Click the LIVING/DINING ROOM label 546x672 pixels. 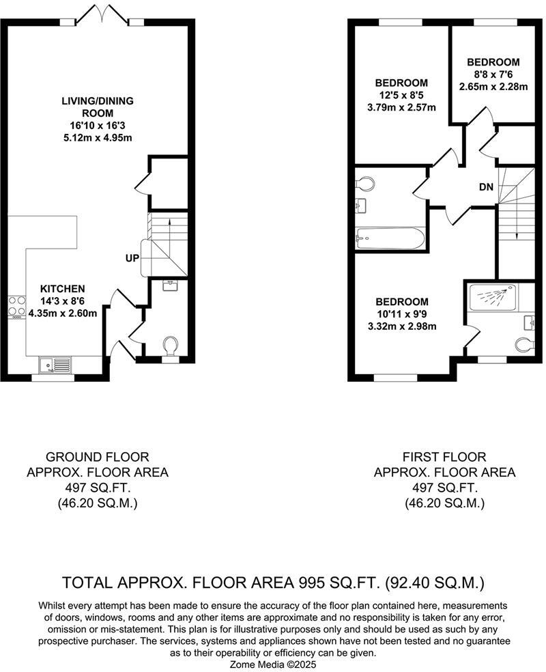(x=97, y=107)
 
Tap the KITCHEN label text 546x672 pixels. (x=62, y=289)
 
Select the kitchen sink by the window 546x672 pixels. (x=55, y=365)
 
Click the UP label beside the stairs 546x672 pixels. (x=132, y=259)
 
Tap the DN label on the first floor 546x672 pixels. (x=485, y=186)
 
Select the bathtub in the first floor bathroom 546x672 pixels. (x=390, y=238)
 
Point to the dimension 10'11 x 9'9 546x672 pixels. (x=403, y=314)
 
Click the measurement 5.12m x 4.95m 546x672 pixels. (x=97, y=138)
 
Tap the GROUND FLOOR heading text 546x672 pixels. (x=96, y=457)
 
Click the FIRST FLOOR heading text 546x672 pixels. (x=444, y=457)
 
